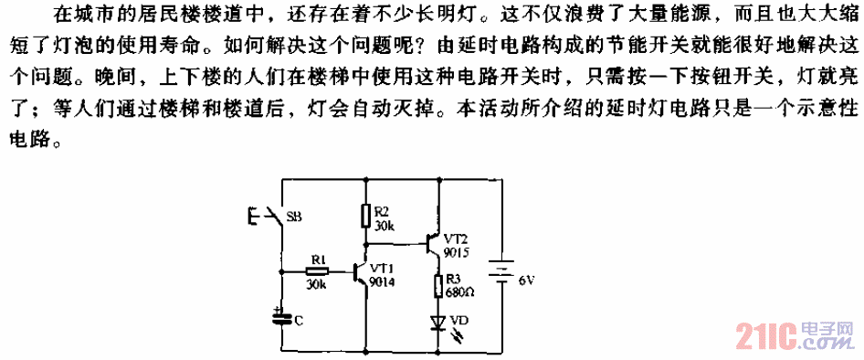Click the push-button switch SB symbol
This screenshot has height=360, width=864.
[x=267, y=217]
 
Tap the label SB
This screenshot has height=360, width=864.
[x=295, y=217]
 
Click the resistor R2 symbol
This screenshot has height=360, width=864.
[x=365, y=217]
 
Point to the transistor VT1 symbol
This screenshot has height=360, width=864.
[x=360, y=271]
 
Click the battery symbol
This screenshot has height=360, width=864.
[x=500, y=270]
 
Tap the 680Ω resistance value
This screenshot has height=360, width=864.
[x=460, y=292]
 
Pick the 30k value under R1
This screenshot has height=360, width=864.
[x=317, y=285]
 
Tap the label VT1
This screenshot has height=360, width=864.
[x=385, y=268]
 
